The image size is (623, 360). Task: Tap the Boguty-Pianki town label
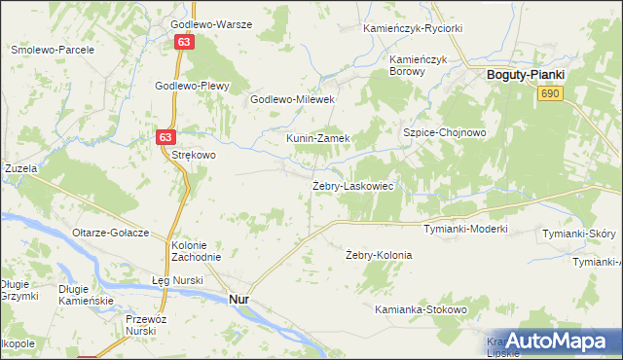pyautogui.click(x=526, y=74)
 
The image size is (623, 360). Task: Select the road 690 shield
pyautogui.click(x=551, y=92)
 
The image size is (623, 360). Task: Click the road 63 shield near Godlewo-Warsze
pyautogui.click(x=184, y=42)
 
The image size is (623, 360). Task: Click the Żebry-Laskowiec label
pyautogui.click(x=352, y=185)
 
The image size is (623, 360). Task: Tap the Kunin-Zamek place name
pyautogui.click(x=317, y=138)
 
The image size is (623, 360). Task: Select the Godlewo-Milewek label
pyautogui.click(x=293, y=99)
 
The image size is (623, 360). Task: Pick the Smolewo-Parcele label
pyautogui.click(x=52, y=49)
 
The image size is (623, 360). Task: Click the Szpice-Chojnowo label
pyautogui.click(x=444, y=131)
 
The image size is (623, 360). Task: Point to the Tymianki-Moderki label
pyautogui.click(x=465, y=229)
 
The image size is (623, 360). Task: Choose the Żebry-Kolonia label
pyautogui.click(x=379, y=255)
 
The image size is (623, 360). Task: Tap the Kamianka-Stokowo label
pyautogui.click(x=421, y=309)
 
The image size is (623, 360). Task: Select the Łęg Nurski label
pyautogui.click(x=177, y=280)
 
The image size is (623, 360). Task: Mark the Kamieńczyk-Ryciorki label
pyautogui.click(x=412, y=28)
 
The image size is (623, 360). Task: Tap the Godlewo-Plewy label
pyautogui.click(x=192, y=86)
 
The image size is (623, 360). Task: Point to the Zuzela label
pyautogui.click(x=20, y=168)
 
